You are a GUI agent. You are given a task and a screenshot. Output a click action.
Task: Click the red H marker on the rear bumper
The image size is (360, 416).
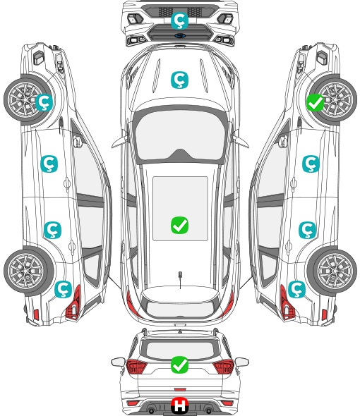click(x=180, y=405)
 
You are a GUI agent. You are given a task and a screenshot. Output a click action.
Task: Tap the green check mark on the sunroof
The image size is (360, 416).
click(x=180, y=226)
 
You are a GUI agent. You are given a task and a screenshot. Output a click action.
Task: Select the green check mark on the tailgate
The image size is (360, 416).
click(x=180, y=365)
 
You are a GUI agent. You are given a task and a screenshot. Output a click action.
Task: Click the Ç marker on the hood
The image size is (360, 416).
click(x=179, y=80)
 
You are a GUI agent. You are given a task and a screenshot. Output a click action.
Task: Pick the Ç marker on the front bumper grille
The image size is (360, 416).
click(x=179, y=20)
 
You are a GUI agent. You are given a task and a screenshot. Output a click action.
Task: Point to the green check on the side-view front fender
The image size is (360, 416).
click(x=316, y=103)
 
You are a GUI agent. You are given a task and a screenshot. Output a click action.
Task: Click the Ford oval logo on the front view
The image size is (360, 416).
click(x=180, y=35)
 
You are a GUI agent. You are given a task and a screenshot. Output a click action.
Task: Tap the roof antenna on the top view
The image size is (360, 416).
click(x=180, y=279)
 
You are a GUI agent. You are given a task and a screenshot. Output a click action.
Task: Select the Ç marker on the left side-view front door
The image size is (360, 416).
click(x=49, y=164)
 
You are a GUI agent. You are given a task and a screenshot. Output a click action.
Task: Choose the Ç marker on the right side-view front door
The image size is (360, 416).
click(x=311, y=164)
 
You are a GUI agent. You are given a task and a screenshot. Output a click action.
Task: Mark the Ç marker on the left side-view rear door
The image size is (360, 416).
click(x=53, y=230)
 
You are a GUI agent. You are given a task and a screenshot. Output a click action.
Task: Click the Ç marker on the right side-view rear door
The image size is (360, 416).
click(x=307, y=230)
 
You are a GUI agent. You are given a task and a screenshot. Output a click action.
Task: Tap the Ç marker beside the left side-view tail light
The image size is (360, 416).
click(x=64, y=289)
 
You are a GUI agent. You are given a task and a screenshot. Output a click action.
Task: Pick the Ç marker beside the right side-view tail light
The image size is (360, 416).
click(x=296, y=289)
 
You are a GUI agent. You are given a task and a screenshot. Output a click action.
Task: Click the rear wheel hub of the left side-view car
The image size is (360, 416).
click(x=26, y=271)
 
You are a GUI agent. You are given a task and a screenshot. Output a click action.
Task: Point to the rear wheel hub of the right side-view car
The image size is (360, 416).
click(x=334, y=271)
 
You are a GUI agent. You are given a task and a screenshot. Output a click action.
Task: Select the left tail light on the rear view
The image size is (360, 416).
click(x=136, y=367)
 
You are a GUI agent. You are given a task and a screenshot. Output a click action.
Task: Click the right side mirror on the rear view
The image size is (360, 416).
click(x=242, y=362)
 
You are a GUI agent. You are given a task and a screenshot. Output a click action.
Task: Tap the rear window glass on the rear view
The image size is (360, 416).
click(x=180, y=350)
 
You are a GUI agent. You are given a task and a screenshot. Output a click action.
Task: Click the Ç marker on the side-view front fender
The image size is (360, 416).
click(x=44, y=103)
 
